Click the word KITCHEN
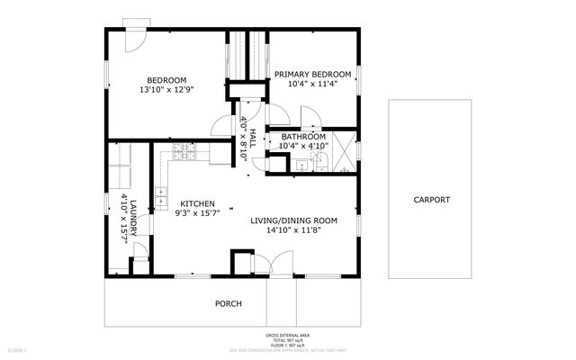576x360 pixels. pyautogui.click(x=195, y=203)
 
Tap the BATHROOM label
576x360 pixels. pyautogui.click(x=302, y=136)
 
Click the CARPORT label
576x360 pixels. pyautogui.click(x=431, y=200)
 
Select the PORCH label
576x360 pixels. pyautogui.click(x=228, y=303)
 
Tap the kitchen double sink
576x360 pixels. pyautogui.click(x=161, y=194)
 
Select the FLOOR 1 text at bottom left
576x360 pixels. pyautogui.click(x=17, y=349)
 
